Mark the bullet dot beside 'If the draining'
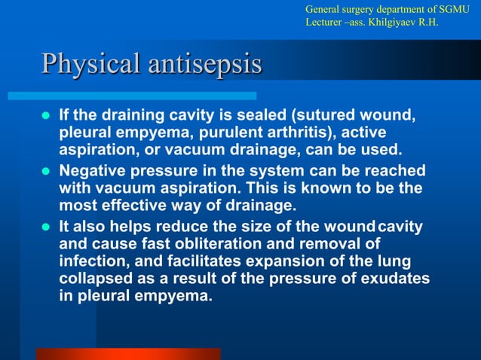pyautogui.click(x=46, y=118)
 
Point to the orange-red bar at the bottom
pyautogui.click(x=128, y=353)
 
